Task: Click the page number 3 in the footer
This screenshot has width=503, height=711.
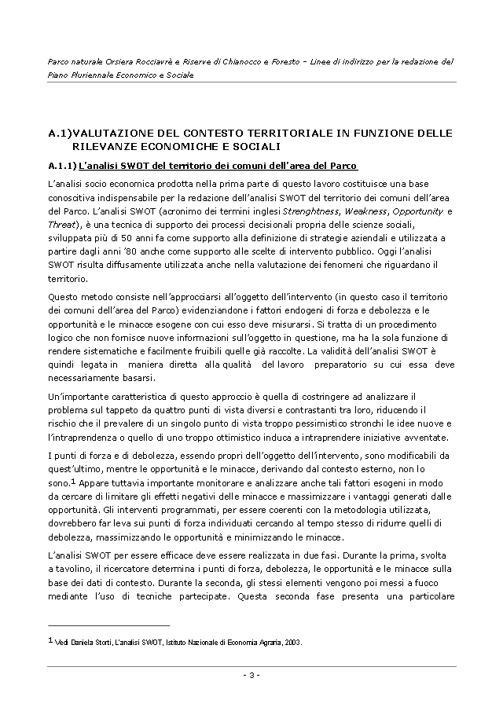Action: pyautogui.click(x=251, y=674)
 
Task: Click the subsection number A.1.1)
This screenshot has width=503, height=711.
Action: pyautogui.click(x=61, y=166)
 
